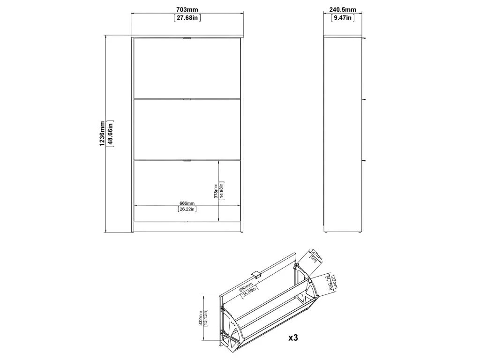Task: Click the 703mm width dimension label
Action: [187, 10]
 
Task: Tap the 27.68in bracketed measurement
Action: [187, 18]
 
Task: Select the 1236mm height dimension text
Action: [102, 134]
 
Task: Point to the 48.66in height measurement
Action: [110, 134]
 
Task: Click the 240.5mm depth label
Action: [343, 10]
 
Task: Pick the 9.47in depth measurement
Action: [343, 18]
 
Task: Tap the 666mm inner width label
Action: [187, 203]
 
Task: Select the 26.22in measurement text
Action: [187, 209]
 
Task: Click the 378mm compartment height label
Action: [216, 191]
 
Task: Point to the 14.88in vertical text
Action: [222, 191]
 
